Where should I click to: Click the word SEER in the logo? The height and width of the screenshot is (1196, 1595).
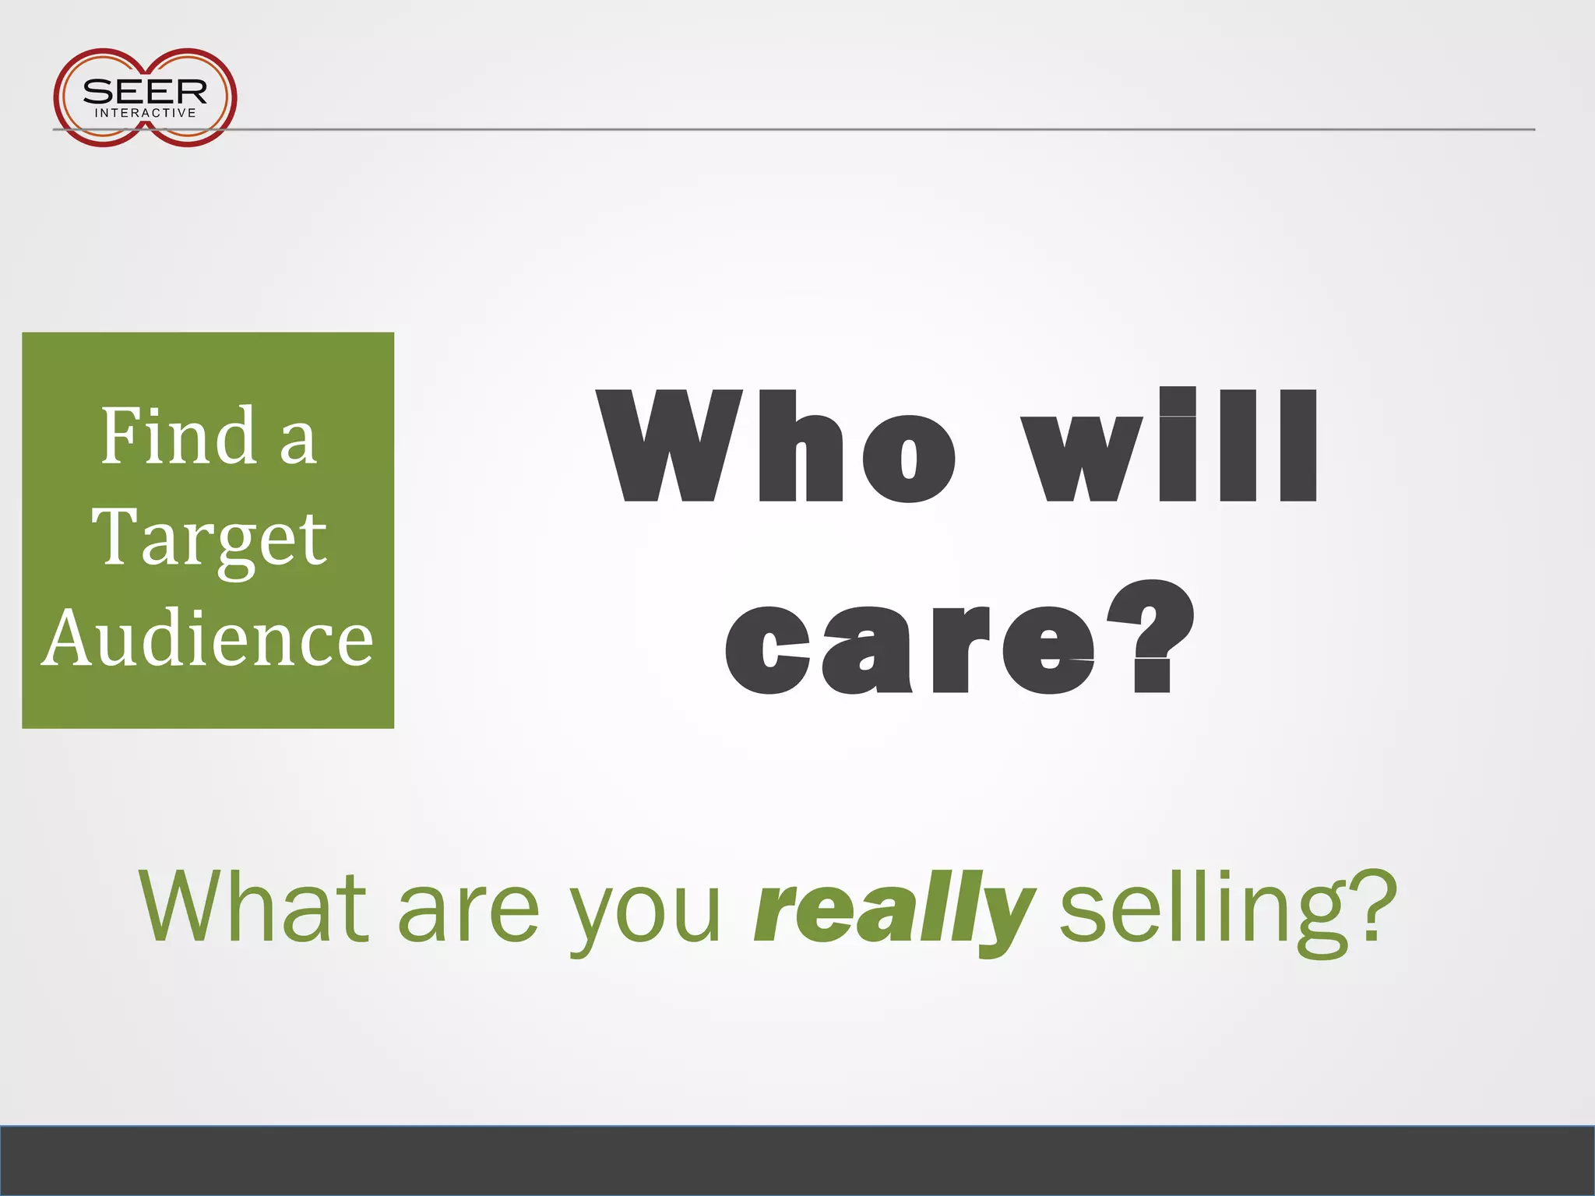tap(145, 92)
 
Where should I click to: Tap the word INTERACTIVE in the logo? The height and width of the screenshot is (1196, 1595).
tap(146, 114)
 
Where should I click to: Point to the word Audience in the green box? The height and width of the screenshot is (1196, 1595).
tap(208, 638)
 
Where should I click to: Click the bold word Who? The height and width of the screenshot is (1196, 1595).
tap(776, 446)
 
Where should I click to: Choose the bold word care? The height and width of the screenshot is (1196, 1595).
tap(910, 649)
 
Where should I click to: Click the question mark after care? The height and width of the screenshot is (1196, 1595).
tap(1151, 637)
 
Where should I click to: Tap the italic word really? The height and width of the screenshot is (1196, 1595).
tap(895, 911)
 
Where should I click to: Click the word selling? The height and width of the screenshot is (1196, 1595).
tap(1202, 911)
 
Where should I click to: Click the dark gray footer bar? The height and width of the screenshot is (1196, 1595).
tap(797, 1160)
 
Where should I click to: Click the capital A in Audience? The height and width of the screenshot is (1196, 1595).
tap(72, 638)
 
